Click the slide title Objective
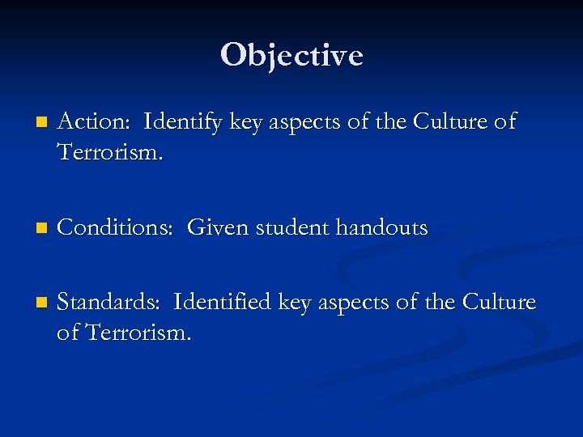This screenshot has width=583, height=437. point(291,55)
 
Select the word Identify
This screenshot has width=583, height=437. point(184,122)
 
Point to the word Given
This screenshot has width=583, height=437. point(219,228)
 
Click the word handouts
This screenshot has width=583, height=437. point(382,228)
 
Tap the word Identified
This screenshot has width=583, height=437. point(223,303)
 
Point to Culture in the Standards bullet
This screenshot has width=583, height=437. point(500,303)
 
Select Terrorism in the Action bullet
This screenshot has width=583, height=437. point(110,151)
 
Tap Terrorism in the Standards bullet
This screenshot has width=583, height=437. point(138,332)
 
